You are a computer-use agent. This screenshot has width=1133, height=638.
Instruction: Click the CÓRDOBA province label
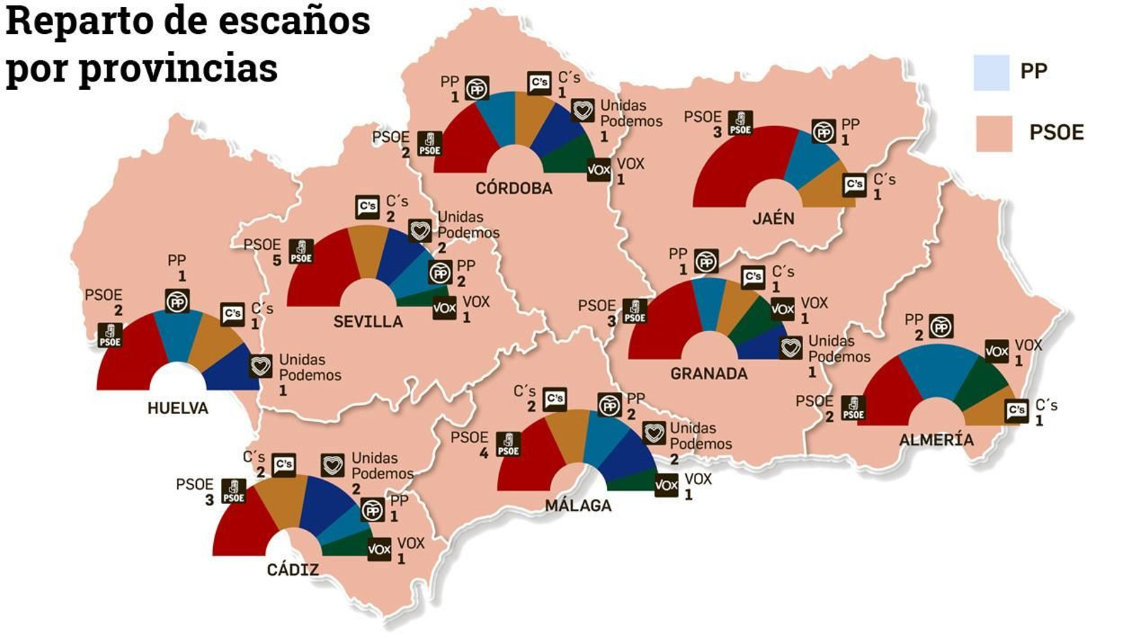pyautogui.click(x=513, y=189)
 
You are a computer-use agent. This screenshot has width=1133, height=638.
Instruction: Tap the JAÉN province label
pyautogui.click(x=773, y=218)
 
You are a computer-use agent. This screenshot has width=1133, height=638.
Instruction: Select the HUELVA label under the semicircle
pyautogui.click(x=178, y=408)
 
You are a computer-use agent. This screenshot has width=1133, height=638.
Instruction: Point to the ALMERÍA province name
pyautogui.click(x=936, y=440)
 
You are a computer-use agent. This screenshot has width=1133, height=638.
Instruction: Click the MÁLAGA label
pyautogui.click(x=578, y=505)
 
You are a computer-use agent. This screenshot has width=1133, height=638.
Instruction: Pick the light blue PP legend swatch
pyautogui.click(x=991, y=72)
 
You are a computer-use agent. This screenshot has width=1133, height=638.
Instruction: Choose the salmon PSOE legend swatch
pyautogui.click(x=993, y=133)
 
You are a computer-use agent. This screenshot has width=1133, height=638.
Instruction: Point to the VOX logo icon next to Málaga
pyautogui.click(x=666, y=486)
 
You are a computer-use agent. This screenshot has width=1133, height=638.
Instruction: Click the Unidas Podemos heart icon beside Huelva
pyautogui.click(x=261, y=366)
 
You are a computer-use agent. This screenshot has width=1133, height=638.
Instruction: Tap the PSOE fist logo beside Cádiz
pyautogui.click(x=234, y=491)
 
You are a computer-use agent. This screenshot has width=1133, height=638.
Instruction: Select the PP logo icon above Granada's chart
pyautogui.click(x=705, y=262)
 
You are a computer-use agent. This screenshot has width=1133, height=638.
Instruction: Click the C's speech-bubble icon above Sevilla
pyautogui.click(x=368, y=207)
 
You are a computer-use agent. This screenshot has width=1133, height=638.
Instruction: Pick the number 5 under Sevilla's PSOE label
pyautogui.click(x=277, y=261)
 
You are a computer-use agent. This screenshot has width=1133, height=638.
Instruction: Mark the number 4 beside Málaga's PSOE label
pyautogui.click(x=484, y=453)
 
